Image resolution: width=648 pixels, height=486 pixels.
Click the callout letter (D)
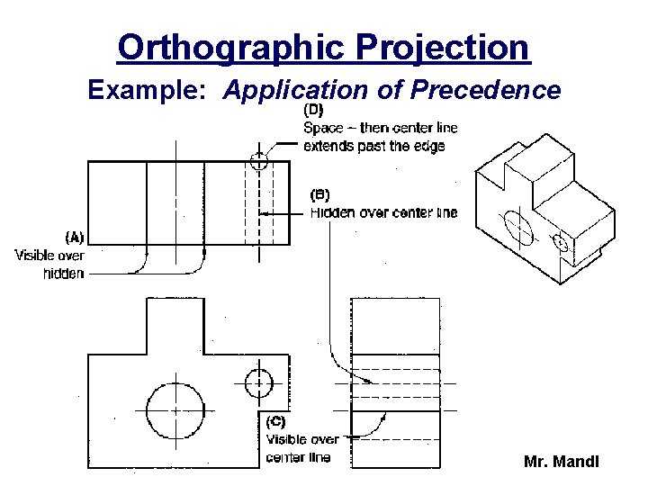314,111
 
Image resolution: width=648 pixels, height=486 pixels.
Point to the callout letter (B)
319,194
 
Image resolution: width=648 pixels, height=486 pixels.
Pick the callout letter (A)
75,238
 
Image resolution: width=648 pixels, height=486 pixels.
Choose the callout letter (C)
276,420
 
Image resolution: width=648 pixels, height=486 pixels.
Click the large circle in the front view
175,409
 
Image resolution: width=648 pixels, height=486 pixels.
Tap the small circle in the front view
258,382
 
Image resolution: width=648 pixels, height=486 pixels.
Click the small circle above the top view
259,162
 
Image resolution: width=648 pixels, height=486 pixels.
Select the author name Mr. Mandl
561,463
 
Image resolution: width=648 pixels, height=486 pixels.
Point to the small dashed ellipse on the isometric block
561,242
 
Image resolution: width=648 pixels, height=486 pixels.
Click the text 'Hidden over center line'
383,213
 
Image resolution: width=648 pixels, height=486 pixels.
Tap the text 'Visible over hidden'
50,264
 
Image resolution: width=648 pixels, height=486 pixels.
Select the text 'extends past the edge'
374,146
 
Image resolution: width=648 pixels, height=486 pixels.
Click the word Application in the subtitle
294,90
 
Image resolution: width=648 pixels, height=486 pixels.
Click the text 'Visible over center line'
302,448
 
